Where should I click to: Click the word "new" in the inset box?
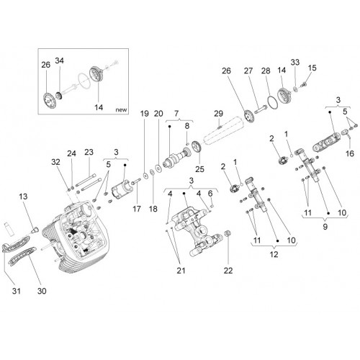(121, 110)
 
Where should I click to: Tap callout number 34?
(59, 60)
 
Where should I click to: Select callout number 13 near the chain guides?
(23, 197)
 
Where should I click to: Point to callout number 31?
(17, 291)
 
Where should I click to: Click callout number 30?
(42, 291)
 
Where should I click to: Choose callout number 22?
(228, 271)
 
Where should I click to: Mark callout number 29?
(218, 114)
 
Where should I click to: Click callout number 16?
(350, 153)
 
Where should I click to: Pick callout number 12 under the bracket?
(274, 254)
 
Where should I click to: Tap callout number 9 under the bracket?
(325, 227)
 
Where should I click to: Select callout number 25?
(199, 169)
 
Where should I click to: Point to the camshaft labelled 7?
(176, 158)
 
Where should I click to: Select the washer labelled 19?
(145, 176)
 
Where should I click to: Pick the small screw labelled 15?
(303, 84)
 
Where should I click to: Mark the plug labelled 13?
(35, 229)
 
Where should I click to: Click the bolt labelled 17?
(135, 182)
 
